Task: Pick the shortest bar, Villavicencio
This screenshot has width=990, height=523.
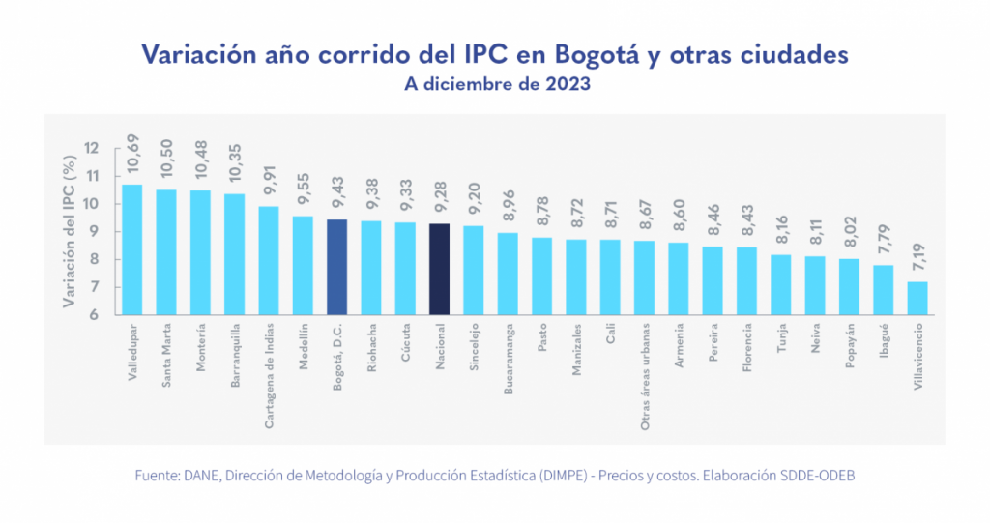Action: pos(917,298)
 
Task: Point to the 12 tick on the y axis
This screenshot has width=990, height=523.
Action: pos(92,148)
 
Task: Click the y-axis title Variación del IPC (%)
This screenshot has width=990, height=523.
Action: pos(69,231)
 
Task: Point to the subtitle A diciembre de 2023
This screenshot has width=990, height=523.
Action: pos(495,84)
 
